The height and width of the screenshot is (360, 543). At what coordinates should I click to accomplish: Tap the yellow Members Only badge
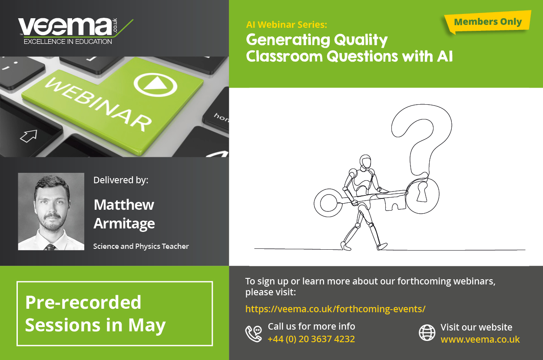pyautogui.click(x=487, y=22)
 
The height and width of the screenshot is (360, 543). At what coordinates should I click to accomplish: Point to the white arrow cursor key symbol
pyautogui.click(x=29, y=136)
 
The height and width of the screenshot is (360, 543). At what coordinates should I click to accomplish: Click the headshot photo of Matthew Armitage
pyautogui.click(x=51, y=211)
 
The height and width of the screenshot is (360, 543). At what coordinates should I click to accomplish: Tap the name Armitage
pyautogui.click(x=124, y=224)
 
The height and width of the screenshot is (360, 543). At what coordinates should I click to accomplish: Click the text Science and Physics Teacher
pyautogui.click(x=141, y=246)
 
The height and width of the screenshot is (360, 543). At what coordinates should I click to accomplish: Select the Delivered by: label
pyautogui.click(x=121, y=180)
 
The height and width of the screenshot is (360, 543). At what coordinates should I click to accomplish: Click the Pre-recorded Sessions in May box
pyautogui.click(x=115, y=314)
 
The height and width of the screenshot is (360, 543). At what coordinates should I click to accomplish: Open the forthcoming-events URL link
pyautogui.click(x=335, y=309)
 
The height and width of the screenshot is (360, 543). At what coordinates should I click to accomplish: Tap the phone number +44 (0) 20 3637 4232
pyautogui.click(x=311, y=339)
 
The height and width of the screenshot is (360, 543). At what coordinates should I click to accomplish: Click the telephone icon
pyautogui.click(x=254, y=334)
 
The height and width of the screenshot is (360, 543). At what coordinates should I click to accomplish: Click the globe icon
pyautogui.click(x=427, y=333)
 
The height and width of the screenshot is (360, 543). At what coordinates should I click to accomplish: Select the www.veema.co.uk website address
pyautogui.click(x=480, y=340)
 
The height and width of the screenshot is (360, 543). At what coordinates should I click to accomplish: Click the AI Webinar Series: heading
pyautogui.click(x=286, y=24)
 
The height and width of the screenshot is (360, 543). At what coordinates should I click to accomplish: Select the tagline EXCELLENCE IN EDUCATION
pyautogui.click(x=67, y=41)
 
